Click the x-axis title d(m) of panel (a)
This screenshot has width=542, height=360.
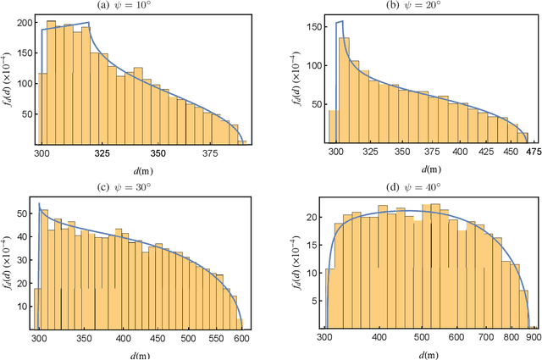[x=143, y=170]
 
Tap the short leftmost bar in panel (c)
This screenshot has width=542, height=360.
[x=36, y=308]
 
